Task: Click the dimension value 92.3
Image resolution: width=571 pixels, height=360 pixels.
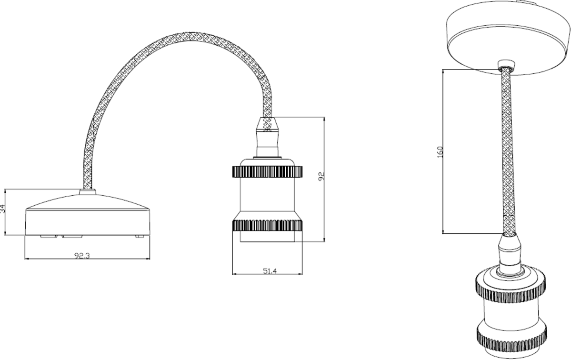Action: pyautogui.click(x=82, y=255)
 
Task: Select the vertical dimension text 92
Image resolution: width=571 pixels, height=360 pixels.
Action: pyautogui.click(x=321, y=176)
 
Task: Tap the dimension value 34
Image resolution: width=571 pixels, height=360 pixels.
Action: pyautogui.click(x=3, y=208)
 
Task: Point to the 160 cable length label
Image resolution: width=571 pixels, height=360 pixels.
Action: pyautogui.click(x=440, y=152)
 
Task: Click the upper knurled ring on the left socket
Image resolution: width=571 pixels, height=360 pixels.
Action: pyautogui.click(x=267, y=171)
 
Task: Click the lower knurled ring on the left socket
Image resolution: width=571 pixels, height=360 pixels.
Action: pyautogui.click(x=267, y=225)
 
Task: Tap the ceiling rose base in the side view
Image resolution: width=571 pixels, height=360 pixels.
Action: pyautogui.click(x=87, y=217)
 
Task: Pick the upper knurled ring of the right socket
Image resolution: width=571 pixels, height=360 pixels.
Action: pyautogui.click(x=511, y=288)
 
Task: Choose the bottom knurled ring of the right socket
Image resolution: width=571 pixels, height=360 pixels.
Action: pyautogui.click(x=511, y=336)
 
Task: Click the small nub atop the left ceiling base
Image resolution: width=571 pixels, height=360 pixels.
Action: pyautogui.click(x=87, y=192)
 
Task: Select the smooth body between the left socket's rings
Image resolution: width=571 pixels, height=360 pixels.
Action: pyautogui.click(x=267, y=198)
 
